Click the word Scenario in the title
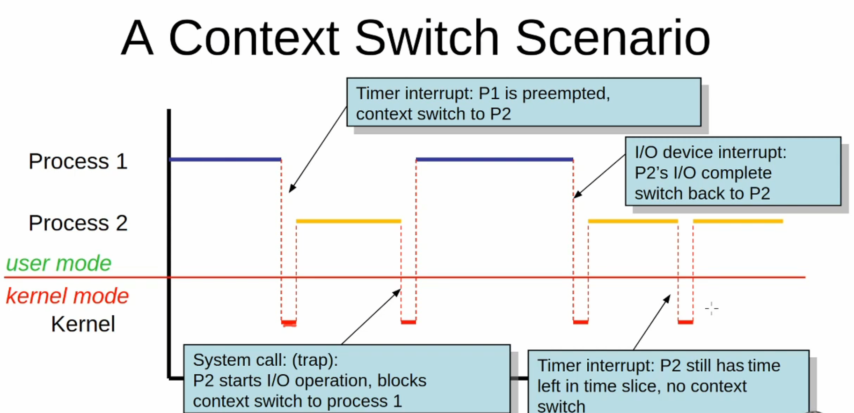coord(613,38)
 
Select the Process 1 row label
coord(78,161)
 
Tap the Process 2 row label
coord(78,223)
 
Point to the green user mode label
coord(58,263)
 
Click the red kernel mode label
coord(67,296)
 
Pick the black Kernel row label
coord(83,324)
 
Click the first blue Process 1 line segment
coord(225,160)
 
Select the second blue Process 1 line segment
coord(494,160)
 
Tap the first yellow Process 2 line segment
coord(348,221)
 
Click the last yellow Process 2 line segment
coord(737,221)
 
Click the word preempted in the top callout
coord(566,94)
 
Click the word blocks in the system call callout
coord(401,381)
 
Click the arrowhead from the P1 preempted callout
coord(291,189)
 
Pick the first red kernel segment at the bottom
coord(289,322)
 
